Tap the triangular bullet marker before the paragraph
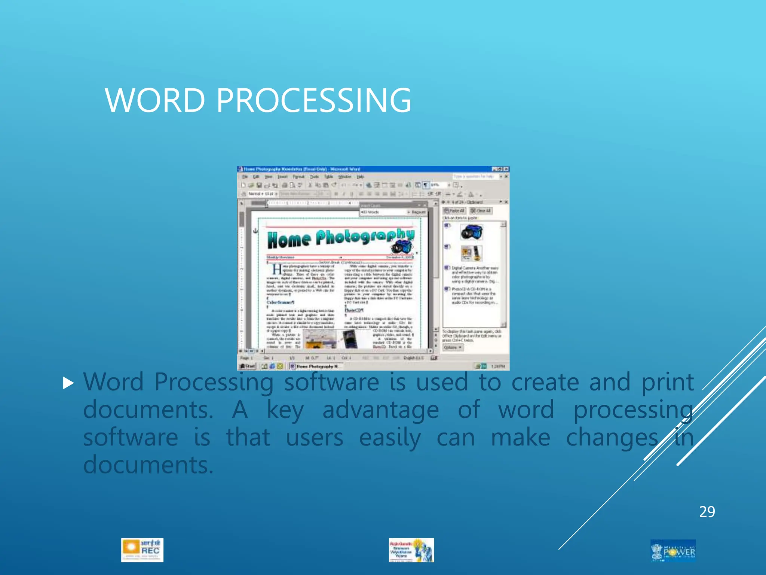(x=68, y=383)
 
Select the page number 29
(x=707, y=512)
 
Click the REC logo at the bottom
(x=142, y=550)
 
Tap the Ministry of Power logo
(x=673, y=550)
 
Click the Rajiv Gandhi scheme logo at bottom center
(x=411, y=550)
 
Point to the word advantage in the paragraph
(x=380, y=410)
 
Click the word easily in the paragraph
(x=390, y=438)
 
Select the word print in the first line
(x=668, y=383)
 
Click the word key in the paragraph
(x=285, y=410)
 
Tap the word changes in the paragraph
(x=612, y=438)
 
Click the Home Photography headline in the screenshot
(x=340, y=238)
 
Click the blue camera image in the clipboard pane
(x=471, y=232)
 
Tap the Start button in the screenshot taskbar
(x=247, y=366)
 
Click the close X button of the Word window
(x=506, y=169)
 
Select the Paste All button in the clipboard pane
(x=454, y=211)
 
